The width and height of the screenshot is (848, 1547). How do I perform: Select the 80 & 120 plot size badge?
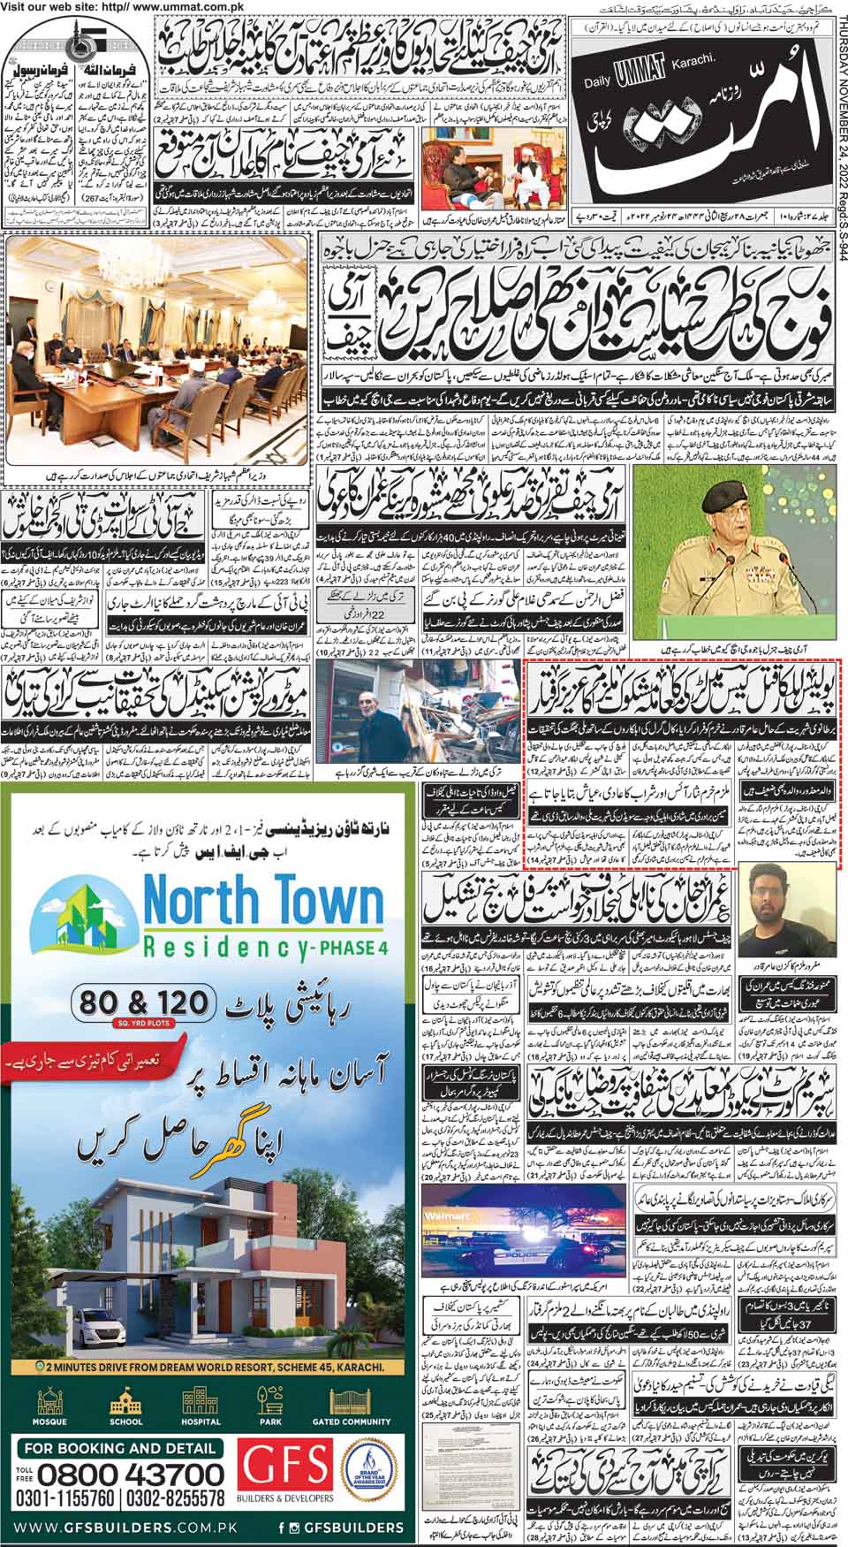click(x=145, y=1003)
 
